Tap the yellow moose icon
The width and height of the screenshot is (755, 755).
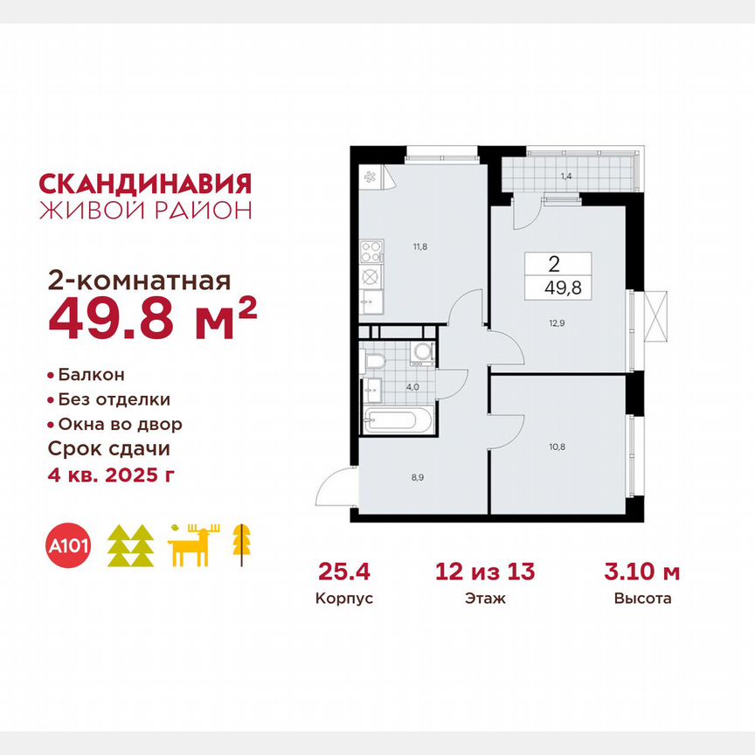[x=194, y=546]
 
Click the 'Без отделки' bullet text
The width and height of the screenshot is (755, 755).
[x=114, y=399]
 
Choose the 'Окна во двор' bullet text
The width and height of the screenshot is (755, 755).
[x=121, y=425]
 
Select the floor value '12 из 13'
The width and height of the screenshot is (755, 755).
[x=485, y=572]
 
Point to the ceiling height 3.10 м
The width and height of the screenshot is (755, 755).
[x=642, y=572]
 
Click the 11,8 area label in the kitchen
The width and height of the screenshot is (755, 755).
[x=421, y=247]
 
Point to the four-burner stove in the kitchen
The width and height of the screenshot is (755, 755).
[x=371, y=253]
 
